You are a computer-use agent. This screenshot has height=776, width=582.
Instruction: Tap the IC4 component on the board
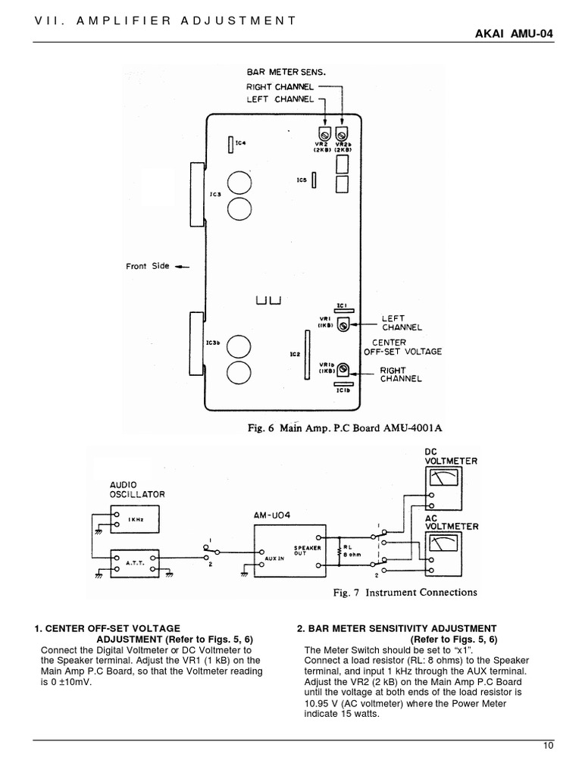[230, 143]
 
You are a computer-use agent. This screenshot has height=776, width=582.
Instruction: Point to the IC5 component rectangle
[314, 180]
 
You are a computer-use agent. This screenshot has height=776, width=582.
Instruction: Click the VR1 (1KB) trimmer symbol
[343, 324]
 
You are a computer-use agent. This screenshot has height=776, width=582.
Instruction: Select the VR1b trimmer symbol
[343, 369]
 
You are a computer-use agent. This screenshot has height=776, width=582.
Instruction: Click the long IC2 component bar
[308, 355]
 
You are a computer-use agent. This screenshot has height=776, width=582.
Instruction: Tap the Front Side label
[149, 267]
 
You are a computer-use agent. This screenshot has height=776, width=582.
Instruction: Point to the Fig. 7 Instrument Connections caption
[405, 592]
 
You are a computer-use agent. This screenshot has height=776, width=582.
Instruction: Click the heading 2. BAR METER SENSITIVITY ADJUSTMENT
[396, 628]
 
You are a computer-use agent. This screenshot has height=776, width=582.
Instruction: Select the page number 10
[549, 746]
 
